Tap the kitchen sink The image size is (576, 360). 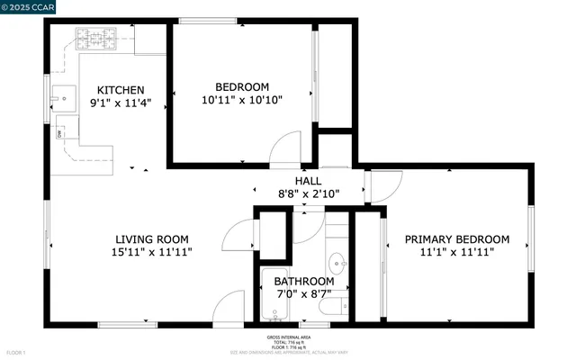coord(65,94)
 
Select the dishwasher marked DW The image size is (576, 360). coord(60,134)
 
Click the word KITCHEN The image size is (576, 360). coord(121,90)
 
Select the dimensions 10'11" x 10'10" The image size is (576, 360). coord(241,101)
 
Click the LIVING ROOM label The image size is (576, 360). coord(150,238)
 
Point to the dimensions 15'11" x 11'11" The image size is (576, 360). coord(150,253)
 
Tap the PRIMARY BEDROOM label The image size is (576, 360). coord(456,239)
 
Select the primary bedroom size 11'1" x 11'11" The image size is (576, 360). coord(456,253)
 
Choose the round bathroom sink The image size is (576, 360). coord(337,264)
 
